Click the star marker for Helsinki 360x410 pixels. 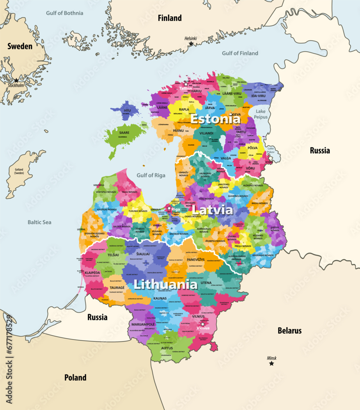tap(191, 43)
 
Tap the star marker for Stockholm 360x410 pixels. tap(16, 80)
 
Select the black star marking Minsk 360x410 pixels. tap(271, 363)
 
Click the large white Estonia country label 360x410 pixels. tap(215, 119)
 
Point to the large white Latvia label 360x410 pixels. tap(213, 210)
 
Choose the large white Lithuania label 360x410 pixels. tap(165, 284)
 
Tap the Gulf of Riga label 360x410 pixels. tap(151, 175)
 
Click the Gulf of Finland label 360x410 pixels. tap(240, 53)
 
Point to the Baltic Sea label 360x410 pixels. tap(39, 222)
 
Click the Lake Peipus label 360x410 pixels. tap(261, 114)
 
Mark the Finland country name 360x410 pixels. tap(170, 18)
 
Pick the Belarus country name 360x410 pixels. tap(289, 330)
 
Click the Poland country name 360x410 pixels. tap(75, 378)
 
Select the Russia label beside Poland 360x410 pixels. tap(97, 317)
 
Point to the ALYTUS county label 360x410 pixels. tap(167, 348)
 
